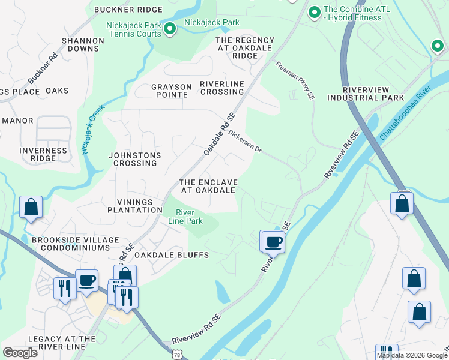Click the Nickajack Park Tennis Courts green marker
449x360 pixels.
coord(170,28)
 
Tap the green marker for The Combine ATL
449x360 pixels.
coord(314,11)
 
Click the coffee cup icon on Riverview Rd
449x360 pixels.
coord(274,242)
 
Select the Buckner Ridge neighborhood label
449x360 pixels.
coord(128,10)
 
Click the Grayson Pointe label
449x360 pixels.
coord(172,91)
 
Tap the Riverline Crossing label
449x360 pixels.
coord(222,88)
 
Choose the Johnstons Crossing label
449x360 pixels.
coord(134,159)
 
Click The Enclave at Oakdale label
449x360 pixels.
coord(208,186)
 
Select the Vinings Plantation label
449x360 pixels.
coord(134,206)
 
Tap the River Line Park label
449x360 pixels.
coord(189,217)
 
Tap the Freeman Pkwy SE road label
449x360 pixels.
coord(295,80)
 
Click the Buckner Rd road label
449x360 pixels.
coord(43,69)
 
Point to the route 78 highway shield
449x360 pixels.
coord(176,355)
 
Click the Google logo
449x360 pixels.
coord(20,353)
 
